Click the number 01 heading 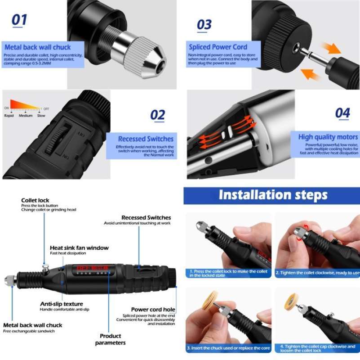[x=19, y=20]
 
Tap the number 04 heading [x=342, y=112]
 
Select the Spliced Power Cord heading [x=218, y=47]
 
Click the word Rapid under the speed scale [x=9, y=116]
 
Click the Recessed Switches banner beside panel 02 [x=145, y=139]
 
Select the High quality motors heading [x=329, y=137]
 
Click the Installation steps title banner [x=272, y=195]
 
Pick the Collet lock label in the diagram [x=35, y=200]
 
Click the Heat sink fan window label [x=79, y=247]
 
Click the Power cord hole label [x=153, y=310]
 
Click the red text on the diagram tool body [x=93, y=269]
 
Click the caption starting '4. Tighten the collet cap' [x=317, y=348]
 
